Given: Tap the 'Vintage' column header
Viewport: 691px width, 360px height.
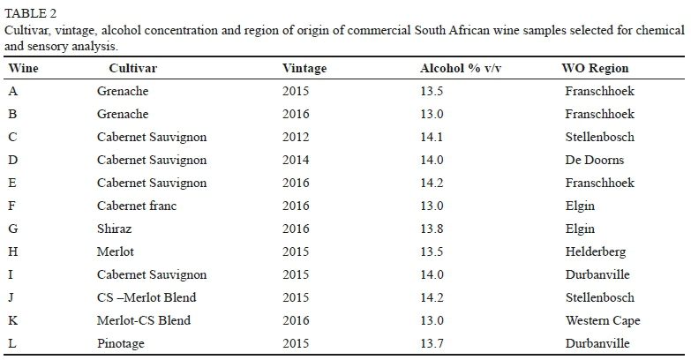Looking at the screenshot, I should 304,69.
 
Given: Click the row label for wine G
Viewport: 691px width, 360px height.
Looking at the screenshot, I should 13,229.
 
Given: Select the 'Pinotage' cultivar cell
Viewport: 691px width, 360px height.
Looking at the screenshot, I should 121,343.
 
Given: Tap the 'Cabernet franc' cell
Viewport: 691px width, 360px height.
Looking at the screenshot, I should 137,206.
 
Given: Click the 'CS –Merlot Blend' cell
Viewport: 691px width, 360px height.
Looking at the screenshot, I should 146,297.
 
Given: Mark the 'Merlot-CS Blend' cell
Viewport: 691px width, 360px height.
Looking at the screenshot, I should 143,320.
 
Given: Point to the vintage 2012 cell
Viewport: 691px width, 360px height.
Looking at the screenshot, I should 296,137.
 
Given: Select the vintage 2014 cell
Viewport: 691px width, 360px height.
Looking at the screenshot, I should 296,160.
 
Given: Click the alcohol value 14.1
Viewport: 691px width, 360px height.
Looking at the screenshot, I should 432,137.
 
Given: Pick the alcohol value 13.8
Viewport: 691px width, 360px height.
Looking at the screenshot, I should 432,229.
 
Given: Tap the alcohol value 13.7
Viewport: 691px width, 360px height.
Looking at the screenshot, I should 432,343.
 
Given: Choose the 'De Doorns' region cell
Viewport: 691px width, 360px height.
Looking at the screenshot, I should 594,160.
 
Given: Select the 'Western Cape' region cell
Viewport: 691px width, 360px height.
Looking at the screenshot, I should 602,320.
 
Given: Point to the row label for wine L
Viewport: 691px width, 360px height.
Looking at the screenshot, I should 12,343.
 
